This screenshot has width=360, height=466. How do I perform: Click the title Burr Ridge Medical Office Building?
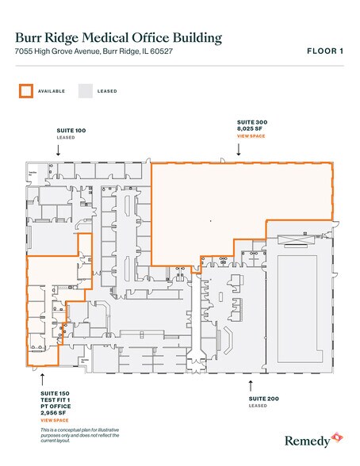119,38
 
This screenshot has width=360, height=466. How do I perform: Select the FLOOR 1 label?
324,52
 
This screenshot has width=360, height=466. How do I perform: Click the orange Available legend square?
25,90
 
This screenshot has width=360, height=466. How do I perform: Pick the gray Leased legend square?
86,90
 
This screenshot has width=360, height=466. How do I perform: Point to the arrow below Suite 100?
57,148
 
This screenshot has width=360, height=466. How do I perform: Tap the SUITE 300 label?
253,122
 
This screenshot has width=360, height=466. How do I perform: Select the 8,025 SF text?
252,129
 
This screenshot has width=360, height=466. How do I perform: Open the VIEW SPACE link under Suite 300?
253,136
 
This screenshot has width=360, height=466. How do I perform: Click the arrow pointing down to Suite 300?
239,148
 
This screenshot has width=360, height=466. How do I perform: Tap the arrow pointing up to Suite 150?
42,379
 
